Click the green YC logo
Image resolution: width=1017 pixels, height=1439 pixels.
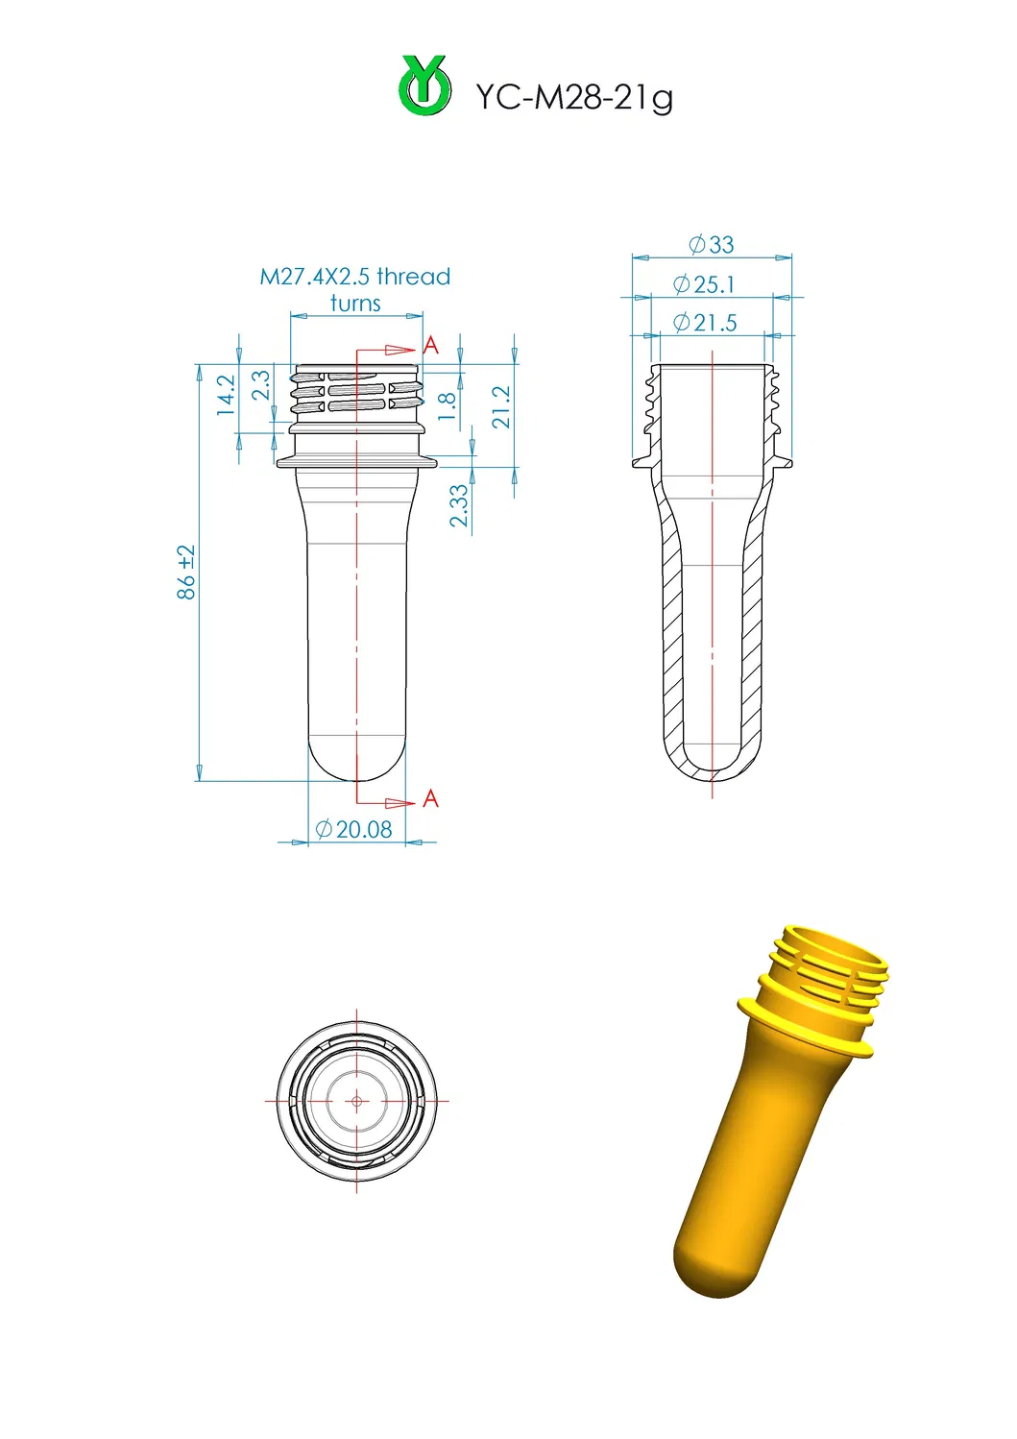424,86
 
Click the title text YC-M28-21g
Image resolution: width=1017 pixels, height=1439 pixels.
573,97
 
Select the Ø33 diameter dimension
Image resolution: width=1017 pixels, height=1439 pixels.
712,245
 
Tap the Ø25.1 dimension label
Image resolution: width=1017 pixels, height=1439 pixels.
704,284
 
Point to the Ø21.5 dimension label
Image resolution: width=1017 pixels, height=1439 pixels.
705,323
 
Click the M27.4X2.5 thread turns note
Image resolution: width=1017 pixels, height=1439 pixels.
355,289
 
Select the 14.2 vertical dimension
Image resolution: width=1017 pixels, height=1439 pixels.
226,395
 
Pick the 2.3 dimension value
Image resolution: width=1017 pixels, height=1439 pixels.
260,386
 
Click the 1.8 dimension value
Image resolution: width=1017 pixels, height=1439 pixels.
447,406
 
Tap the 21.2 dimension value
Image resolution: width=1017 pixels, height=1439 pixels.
501,407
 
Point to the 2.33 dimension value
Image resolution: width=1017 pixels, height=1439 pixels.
460,505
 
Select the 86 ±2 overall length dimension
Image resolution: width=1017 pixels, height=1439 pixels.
186,573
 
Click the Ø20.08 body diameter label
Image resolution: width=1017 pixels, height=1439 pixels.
354,829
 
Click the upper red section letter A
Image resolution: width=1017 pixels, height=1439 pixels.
430,346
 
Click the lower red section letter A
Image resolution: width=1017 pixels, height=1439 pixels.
430,798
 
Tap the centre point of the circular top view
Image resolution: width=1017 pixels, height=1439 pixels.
356,1101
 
